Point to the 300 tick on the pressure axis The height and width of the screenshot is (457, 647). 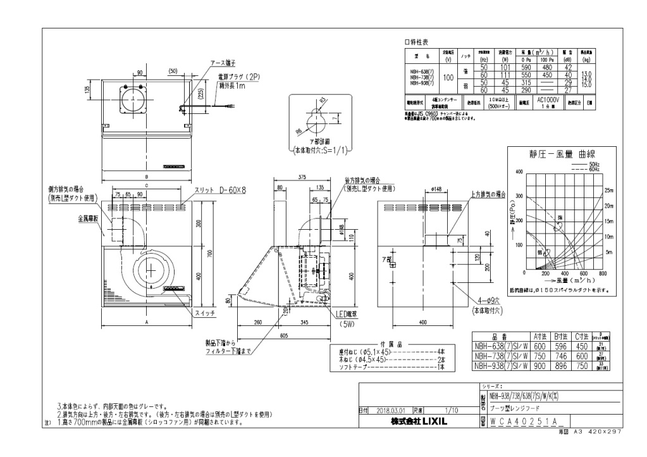point(519,196)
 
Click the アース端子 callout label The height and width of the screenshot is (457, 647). point(223,64)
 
